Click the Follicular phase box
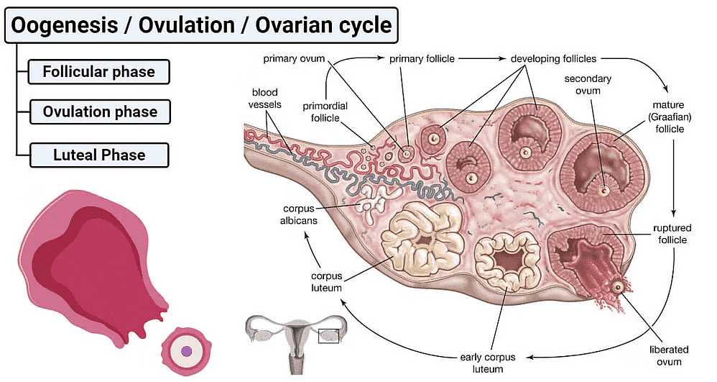click(98, 72)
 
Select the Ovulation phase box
click(99, 112)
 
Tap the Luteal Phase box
click(99, 155)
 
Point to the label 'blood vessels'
click(265, 99)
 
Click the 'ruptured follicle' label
click(672, 233)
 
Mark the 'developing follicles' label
click(553, 58)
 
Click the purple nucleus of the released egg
click(187, 351)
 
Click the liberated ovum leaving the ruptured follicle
click(618, 287)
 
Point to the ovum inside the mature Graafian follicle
click(604, 191)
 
